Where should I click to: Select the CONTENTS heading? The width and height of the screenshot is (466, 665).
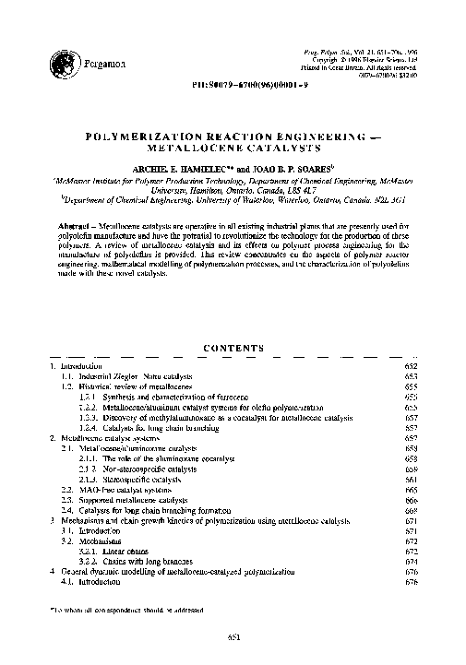233,347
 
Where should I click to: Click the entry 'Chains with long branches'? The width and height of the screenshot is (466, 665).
135,561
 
